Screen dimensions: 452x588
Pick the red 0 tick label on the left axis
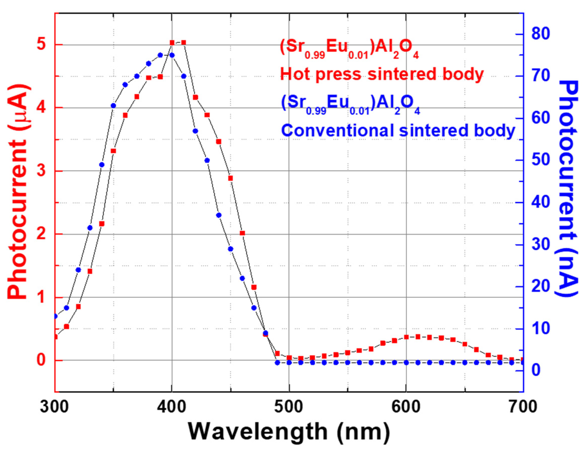(x=42, y=360)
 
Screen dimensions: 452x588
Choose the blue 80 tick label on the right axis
(x=540, y=35)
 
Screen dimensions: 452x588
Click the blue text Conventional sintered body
(x=398, y=130)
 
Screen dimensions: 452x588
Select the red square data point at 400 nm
(x=172, y=43)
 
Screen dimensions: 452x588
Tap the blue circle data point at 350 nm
(x=113, y=106)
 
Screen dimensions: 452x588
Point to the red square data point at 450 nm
(x=230, y=178)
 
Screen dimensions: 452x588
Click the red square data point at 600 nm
(x=406, y=337)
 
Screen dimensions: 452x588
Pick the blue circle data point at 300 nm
(x=55, y=316)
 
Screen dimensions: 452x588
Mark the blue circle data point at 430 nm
(x=207, y=161)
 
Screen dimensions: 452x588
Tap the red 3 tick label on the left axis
(x=42, y=171)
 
